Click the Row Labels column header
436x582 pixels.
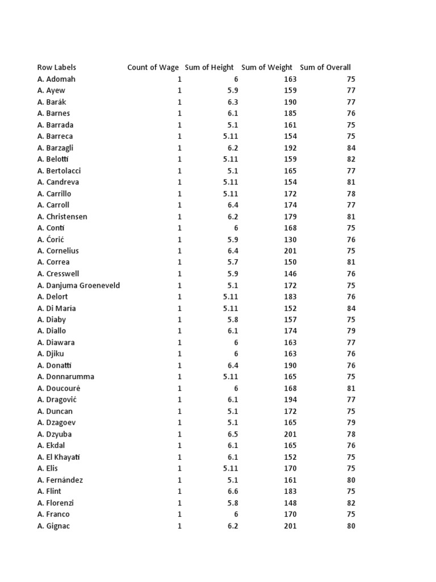click(57, 68)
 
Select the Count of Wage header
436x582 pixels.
click(153, 68)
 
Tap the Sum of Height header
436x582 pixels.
click(209, 68)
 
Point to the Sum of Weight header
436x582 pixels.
click(267, 68)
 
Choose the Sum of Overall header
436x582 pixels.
click(325, 68)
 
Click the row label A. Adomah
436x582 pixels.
click(56, 79)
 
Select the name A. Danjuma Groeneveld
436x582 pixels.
click(79, 285)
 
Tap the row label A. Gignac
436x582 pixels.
click(55, 526)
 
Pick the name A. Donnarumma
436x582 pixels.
click(66, 377)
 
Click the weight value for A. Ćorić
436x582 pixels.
click(290, 239)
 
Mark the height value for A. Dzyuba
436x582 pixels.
click(233, 434)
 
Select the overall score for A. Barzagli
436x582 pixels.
click(351, 148)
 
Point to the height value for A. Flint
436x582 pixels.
click(233, 492)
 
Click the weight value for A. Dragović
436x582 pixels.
click(290, 400)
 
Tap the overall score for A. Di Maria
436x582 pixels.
click(351, 308)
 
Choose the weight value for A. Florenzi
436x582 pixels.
click(290, 503)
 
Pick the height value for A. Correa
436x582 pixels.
click(233, 262)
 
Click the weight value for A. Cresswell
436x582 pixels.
click(290, 274)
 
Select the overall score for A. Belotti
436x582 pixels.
click(351, 159)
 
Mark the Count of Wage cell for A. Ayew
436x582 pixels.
click(179, 90)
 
